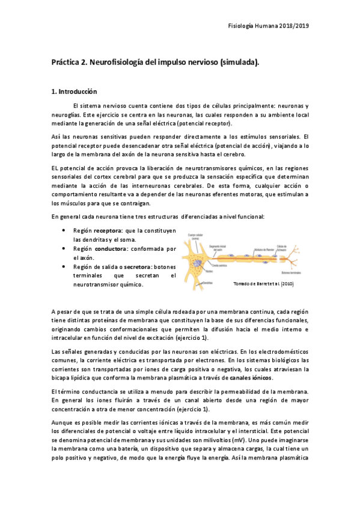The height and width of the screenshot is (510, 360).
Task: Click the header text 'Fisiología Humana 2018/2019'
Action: click(x=270, y=26)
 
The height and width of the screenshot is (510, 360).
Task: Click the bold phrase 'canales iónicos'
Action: click(x=251, y=378)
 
